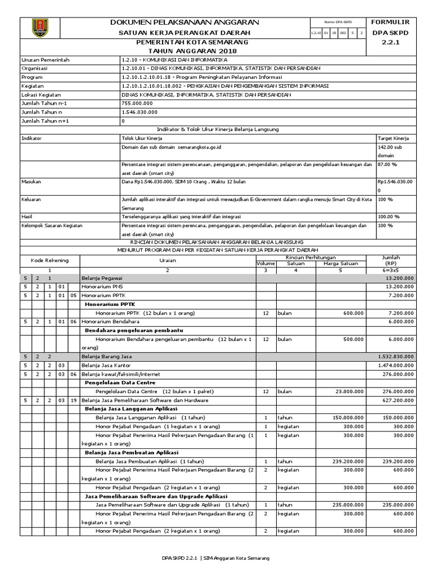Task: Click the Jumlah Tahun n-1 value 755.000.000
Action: point(137,103)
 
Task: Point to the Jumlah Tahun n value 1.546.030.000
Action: point(139,112)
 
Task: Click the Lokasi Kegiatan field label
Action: point(41,94)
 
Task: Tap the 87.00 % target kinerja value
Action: point(388,164)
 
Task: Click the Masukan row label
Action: point(31,182)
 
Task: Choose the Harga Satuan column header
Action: point(340,262)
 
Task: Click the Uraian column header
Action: point(167,260)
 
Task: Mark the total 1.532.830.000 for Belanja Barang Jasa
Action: point(393,356)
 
